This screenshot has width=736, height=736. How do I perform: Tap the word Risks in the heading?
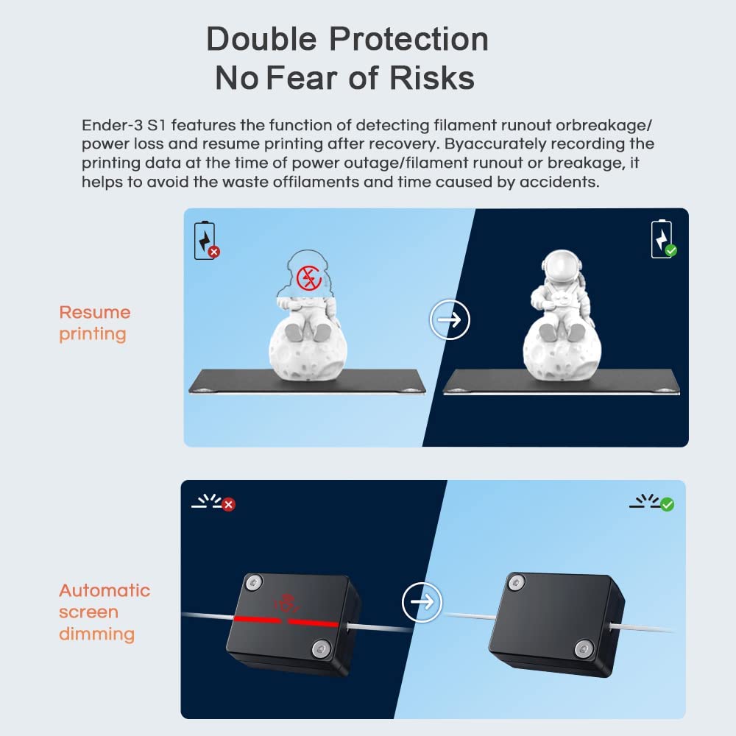(x=434, y=78)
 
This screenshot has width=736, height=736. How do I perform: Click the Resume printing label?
(x=94, y=323)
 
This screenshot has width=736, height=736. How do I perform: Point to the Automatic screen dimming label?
(x=104, y=612)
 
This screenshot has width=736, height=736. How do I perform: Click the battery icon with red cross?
(x=205, y=241)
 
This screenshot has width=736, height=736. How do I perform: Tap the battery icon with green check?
(x=662, y=239)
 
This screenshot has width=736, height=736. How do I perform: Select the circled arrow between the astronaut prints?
(x=449, y=319)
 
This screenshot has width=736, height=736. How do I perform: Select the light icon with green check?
(x=651, y=503)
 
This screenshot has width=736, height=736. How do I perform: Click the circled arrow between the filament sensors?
(x=422, y=602)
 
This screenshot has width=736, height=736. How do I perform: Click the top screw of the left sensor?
(x=253, y=582)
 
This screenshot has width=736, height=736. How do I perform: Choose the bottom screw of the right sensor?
(x=584, y=648)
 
